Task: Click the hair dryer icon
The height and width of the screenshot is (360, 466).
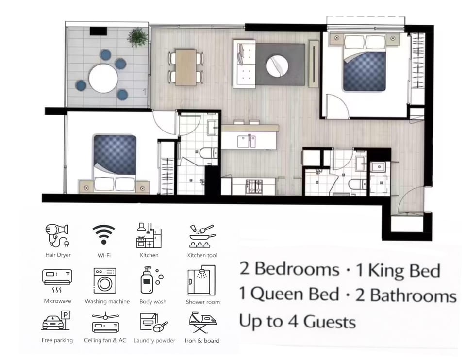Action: (x=57, y=235)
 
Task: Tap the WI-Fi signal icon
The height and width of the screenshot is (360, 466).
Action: (x=104, y=234)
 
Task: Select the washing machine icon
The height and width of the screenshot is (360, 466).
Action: (x=105, y=281)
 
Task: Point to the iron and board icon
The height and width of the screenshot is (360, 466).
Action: (x=202, y=323)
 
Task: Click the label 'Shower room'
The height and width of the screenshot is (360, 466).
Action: (x=203, y=302)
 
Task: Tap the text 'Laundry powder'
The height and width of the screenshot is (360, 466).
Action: (x=154, y=341)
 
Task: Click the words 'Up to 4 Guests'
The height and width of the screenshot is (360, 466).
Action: (x=297, y=322)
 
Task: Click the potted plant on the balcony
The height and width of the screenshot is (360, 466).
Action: (x=137, y=37)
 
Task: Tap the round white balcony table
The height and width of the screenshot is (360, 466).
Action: (x=103, y=78)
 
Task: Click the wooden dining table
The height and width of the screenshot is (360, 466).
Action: (x=186, y=67)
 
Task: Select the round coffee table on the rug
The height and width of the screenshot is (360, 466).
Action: (x=277, y=65)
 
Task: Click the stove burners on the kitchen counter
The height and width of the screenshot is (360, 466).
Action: (x=254, y=186)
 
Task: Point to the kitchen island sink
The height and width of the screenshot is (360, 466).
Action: (x=246, y=141)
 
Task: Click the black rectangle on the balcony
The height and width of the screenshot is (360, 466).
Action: (x=99, y=31)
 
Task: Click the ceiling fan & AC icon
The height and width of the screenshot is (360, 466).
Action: (x=105, y=322)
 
